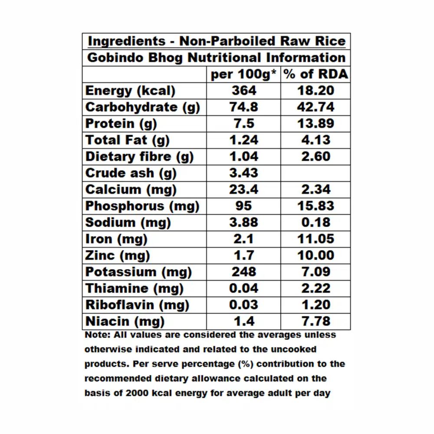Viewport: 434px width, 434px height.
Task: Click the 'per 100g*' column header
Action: [x=243, y=74]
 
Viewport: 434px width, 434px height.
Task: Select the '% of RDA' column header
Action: [x=316, y=74]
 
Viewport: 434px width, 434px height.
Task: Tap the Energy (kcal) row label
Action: [x=130, y=91]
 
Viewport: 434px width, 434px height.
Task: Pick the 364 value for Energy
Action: [x=243, y=91]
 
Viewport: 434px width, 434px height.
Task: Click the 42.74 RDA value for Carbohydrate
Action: [x=316, y=107]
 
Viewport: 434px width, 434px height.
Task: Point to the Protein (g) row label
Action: [x=121, y=124]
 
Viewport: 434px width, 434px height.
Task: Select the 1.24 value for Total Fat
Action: [x=243, y=140]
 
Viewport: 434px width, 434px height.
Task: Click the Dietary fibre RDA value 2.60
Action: [x=316, y=157]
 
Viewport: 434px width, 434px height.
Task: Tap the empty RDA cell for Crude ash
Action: [x=316, y=173]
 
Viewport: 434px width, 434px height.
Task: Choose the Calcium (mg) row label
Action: [x=131, y=190]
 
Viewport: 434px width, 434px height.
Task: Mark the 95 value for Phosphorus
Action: [x=243, y=206]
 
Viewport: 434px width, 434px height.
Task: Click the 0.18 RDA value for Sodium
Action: [x=316, y=223]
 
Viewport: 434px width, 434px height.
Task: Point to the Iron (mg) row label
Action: [x=116, y=239]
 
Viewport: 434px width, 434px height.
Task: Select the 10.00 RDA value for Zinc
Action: [x=316, y=256]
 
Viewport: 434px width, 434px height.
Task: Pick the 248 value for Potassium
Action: [x=243, y=272]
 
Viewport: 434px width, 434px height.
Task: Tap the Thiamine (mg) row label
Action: [x=134, y=289]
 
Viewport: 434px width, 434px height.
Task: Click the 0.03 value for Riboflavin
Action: [x=243, y=305]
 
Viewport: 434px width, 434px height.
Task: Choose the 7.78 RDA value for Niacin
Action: [x=316, y=322]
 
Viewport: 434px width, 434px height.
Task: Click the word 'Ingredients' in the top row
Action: [x=126, y=41]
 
